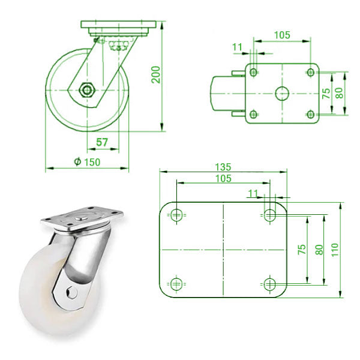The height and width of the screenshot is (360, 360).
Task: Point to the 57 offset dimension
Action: pos(103,143)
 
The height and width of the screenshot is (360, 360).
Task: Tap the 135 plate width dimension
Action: pos(223,166)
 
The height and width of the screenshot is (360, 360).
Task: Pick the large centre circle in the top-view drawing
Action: pos(281,93)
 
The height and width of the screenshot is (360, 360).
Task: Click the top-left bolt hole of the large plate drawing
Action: pos(176,215)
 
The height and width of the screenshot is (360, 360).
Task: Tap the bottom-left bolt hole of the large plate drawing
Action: pos(176,283)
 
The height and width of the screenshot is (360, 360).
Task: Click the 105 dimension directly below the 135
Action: pos(223,179)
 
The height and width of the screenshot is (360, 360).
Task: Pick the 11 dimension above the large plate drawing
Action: pos(252,193)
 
